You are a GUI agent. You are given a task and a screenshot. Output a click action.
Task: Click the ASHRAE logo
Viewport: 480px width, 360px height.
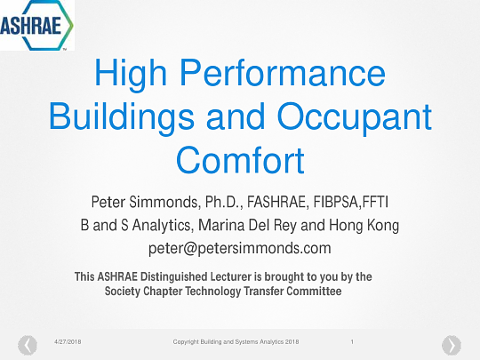(x=36, y=25)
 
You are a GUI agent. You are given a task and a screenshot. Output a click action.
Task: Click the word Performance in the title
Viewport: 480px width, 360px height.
(x=283, y=73)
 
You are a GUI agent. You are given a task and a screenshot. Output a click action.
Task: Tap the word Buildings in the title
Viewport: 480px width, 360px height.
(x=122, y=117)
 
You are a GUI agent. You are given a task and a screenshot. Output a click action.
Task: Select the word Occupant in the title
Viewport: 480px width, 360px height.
(x=354, y=117)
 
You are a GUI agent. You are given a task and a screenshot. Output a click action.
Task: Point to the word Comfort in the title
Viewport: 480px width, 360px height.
(x=240, y=160)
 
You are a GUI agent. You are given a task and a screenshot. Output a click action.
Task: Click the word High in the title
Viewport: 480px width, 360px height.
(x=131, y=74)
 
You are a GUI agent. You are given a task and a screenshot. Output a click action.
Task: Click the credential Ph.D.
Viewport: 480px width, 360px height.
(x=224, y=202)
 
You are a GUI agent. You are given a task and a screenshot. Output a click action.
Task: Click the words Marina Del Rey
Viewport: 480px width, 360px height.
(x=247, y=225)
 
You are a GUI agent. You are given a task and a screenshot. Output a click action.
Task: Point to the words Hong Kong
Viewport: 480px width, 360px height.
(x=364, y=225)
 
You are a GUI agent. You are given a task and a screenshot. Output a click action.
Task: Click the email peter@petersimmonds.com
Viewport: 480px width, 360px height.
(x=240, y=248)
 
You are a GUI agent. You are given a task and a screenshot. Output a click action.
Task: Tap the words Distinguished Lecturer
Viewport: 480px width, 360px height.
(x=196, y=276)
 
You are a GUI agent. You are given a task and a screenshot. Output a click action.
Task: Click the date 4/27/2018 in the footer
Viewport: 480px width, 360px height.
(x=68, y=341)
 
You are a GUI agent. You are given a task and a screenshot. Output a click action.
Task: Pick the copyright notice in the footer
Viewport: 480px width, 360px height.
(x=236, y=341)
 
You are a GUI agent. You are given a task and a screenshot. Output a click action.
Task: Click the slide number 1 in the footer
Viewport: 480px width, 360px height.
(x=352, y=341)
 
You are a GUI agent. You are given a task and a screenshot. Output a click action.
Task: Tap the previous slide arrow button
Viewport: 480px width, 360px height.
(x=28, y=345)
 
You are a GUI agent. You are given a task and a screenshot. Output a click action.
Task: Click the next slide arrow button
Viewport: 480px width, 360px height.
(x=452, y=345)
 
